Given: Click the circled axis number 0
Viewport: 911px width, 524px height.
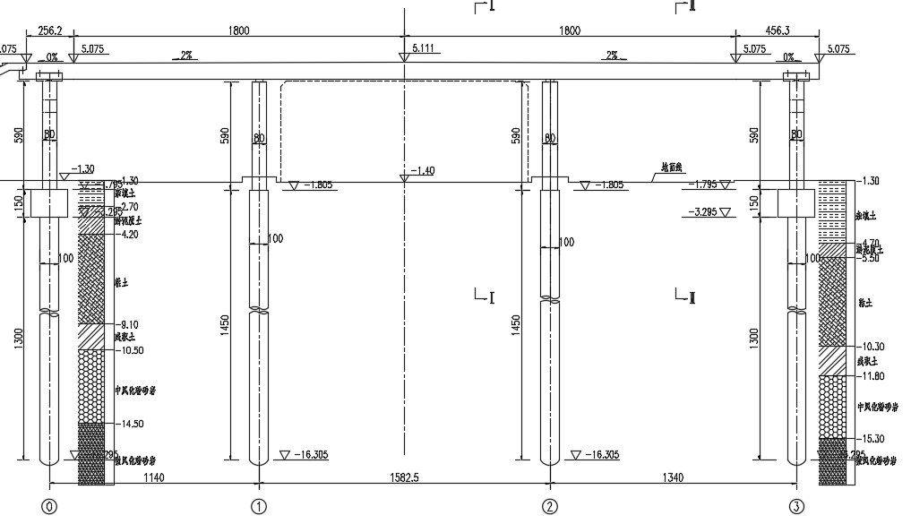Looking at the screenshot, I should point(49,508).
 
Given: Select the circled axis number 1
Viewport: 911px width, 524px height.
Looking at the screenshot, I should point(259,508).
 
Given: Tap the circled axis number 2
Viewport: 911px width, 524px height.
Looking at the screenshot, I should point(549,508).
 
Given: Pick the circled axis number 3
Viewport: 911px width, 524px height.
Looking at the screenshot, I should point(796,508).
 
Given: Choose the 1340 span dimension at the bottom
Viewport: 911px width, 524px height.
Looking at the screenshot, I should point(674,478).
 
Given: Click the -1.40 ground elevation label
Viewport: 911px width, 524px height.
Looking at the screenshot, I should point(422,170).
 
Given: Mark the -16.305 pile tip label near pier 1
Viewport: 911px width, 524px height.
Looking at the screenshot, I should point(310,455).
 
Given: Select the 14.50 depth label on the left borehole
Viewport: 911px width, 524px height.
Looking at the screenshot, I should point(132,424).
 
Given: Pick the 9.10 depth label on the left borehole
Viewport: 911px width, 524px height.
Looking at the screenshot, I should point(129,325).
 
